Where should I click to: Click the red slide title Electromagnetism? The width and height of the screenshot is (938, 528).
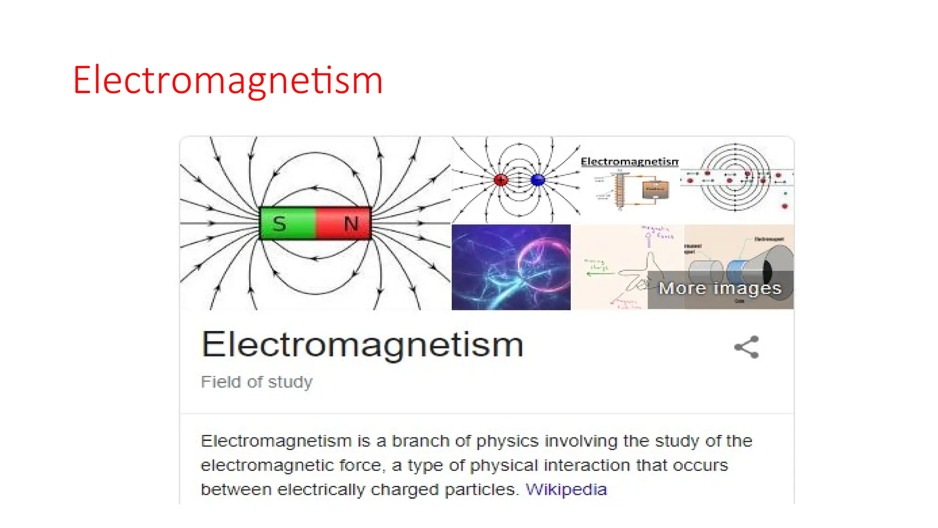click(x=228, y=81)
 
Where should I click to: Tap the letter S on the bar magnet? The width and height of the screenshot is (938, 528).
click(x=279, y=224)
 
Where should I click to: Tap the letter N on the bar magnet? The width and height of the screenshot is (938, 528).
click(x=351, y=224)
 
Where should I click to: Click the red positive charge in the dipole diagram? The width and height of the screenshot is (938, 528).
click(x=501, y=180)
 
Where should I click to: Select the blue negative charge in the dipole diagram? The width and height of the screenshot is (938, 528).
click(x=538, y=180)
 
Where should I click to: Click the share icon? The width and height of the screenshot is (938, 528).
click(x=747, y=347)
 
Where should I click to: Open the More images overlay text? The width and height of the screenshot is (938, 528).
click(x=720, y=288)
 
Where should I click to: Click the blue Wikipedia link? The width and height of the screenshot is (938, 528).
click(x=566, y=489)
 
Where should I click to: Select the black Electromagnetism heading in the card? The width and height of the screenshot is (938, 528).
click(x=362, y=345)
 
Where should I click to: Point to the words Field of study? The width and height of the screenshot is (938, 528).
click(x=256, y=382)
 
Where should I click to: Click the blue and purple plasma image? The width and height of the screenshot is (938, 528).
click(x=511, y=267)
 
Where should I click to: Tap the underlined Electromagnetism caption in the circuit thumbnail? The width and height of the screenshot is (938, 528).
click(x=630, y=162)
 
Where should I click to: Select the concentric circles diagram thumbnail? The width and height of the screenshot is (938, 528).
click(x=736, y=177)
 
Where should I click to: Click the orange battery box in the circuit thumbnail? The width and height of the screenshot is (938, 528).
click(x=655, y=190)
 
